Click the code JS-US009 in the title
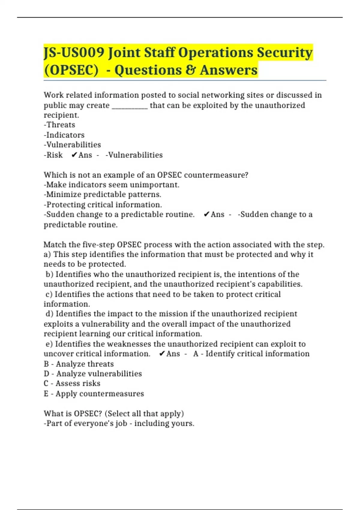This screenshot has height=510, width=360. [x=74, y=53]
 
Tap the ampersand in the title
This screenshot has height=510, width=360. [x=189, y=70]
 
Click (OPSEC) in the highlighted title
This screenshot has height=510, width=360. [x=71, y=70]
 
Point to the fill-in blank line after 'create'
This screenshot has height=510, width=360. [x=130, y=106]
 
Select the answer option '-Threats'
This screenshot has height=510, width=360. [x=59, y=125]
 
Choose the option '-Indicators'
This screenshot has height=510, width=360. [x=64, y=135]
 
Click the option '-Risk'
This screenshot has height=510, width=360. [x=53, y=155]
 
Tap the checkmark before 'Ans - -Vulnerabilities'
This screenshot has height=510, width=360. [x=74, y=155]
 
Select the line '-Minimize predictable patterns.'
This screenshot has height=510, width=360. [x=102, y=195]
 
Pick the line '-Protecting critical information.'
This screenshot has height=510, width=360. [x=103, y=205]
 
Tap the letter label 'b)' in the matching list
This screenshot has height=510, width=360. [x=49, y=274]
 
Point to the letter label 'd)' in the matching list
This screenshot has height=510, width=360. [x=49, y=314]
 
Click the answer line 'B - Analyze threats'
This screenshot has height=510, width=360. [x=79, y=364]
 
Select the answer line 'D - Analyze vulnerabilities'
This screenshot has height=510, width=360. [x=93, y=374]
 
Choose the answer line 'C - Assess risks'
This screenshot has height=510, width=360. [x=72, y=383]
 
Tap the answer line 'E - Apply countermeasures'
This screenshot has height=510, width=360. [x=94, y=394]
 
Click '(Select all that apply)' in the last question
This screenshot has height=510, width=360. [x=144, y=413]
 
